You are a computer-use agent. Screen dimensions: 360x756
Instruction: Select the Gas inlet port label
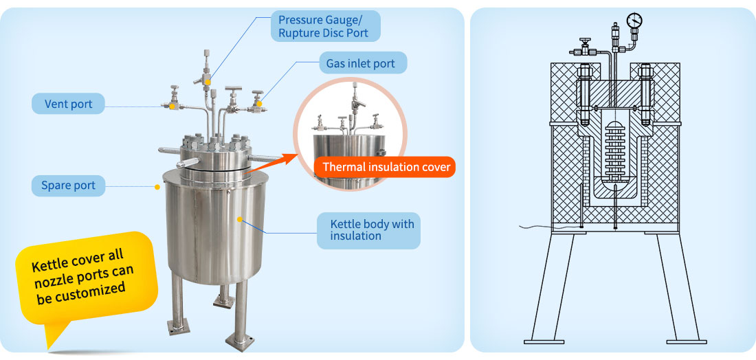pyautogui.click(x=362, y=64)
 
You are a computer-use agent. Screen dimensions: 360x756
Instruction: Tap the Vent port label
pyautogui.click(x=68, y=104)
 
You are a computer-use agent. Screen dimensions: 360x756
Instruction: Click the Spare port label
pyautogui.click(x=68, y=185)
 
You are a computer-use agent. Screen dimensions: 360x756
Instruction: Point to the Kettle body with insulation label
pyautogui.click(x=368, y=230)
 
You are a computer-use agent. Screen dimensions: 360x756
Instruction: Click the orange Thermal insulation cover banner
pyautogui.click(x=386, y=167)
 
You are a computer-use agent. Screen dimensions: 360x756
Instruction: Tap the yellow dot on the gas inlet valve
pyautogui.click(x=259, y=104)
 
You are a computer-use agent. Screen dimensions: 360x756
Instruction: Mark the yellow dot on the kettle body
pyautogui.click(x=240, y=219)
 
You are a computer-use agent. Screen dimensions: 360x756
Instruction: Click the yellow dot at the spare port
pyautogui.click(x=158, y=186)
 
